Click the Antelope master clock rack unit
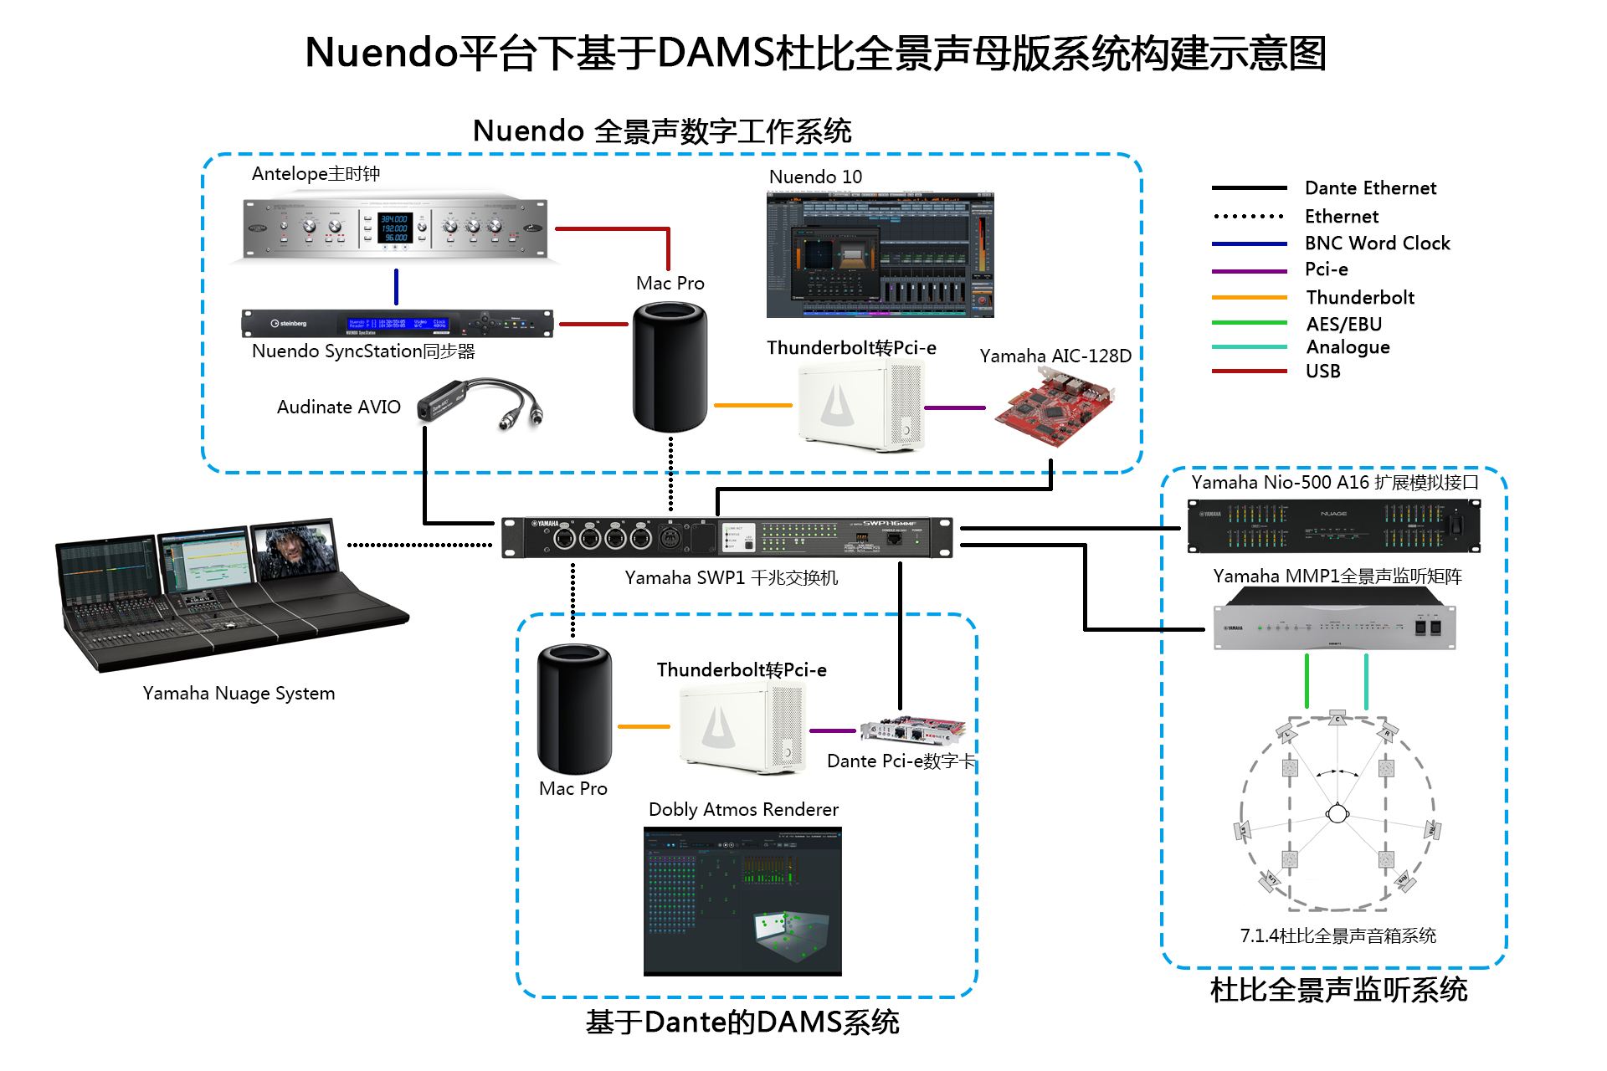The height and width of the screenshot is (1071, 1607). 395,228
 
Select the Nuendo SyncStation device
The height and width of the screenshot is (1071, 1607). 397,323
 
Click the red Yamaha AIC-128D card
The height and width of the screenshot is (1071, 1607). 1055,407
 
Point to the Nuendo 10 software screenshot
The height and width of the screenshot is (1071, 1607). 880,254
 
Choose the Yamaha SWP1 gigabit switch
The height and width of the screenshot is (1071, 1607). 726,537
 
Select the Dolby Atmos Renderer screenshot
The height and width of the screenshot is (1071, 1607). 742,901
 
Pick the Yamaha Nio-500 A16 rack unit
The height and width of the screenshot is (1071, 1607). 1333,525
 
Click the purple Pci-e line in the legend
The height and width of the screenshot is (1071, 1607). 1249,271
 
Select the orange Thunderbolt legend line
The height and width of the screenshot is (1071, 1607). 1249,297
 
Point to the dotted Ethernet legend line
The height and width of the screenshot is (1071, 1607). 1249,216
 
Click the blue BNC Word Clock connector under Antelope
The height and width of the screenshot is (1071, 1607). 396,286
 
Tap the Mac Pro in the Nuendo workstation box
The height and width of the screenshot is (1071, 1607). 670,368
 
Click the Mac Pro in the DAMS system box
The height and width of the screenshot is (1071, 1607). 574,709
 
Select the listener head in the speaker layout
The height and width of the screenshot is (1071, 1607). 1337,812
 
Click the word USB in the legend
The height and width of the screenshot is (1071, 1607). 1322,371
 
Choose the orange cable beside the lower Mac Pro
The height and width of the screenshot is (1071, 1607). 644,726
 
